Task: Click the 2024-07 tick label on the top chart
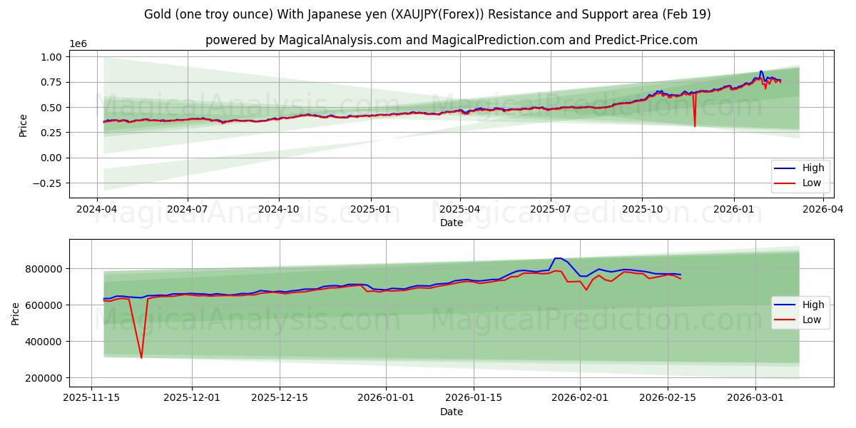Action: point(188,209)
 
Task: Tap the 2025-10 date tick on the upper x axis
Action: point(641,209)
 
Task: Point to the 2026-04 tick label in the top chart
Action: point(823,209)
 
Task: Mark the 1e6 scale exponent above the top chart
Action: point(78,44)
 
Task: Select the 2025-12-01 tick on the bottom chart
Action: point(192,397)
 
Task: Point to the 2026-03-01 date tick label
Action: point(755,397)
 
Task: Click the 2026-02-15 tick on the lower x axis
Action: point(668,397)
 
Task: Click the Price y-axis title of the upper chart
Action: point(23,125)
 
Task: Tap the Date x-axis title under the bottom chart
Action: point(451,412)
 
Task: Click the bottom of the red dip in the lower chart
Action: point(141,357)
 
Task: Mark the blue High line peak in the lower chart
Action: point(558,258)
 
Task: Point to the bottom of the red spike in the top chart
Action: point(695,126)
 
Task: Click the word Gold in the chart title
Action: point(157,14)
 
